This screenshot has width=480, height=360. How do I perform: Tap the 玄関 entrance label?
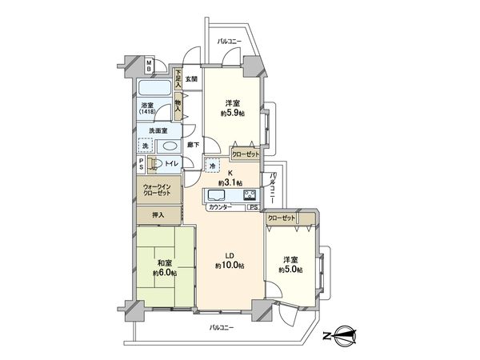[x=190, y=78]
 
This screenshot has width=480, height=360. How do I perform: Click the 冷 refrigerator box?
[x=211, y=166]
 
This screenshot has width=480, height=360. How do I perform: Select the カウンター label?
[x=220, y=207]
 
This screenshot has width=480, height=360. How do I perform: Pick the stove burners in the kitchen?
[x=250, y=195]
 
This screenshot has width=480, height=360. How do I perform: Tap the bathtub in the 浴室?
[x=155, y=88]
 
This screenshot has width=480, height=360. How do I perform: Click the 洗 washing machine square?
[x=145, y=146]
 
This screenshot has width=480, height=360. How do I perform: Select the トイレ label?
[x=170, y=163]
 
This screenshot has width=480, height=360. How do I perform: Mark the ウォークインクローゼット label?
[x=158, y=190]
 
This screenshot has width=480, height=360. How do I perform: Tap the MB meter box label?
[x=149, y=66]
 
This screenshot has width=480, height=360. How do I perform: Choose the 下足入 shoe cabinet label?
[x=178, y=78]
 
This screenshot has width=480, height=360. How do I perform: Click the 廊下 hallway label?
[x=192, y=145]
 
